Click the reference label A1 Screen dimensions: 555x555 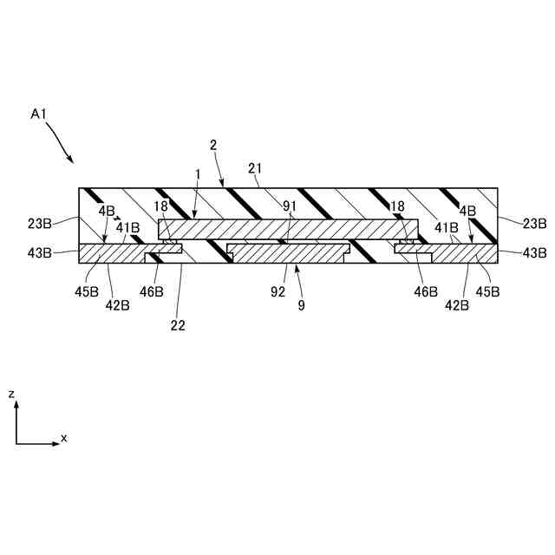38,114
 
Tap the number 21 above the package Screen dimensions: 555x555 256,169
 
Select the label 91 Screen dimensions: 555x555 289,206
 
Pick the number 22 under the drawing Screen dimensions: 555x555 178,325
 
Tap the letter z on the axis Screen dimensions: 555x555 11,394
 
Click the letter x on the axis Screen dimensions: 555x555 63,439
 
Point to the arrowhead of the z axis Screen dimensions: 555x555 16,404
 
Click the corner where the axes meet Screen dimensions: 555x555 16,444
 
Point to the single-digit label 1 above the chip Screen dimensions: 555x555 198,174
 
